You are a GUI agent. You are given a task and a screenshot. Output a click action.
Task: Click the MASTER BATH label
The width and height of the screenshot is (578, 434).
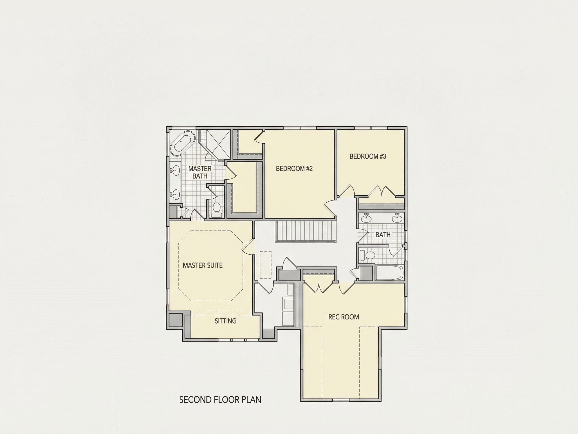tap(200, 172)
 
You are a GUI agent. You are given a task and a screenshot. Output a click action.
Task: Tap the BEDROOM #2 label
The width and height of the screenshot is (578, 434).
tap(294, 169)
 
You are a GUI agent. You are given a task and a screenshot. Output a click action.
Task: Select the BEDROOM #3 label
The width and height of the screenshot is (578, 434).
tap(368, 156)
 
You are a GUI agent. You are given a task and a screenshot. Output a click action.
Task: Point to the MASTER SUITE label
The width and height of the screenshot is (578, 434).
tap(202, 265)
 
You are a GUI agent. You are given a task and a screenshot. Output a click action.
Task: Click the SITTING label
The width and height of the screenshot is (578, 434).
tap(226, 321)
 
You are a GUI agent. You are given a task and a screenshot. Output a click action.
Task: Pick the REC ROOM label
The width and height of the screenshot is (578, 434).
tap(344, 317)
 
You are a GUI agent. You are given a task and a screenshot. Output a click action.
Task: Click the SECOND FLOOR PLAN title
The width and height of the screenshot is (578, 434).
tap(220, 400)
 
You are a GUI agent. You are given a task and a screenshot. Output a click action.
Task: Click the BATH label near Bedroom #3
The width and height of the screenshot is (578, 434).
tap(383, 235)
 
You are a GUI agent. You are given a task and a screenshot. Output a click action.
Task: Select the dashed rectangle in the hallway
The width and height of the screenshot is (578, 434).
tap(265, 264)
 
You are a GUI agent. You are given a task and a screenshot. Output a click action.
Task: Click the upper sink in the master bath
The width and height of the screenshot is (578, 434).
tap(175, 170)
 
